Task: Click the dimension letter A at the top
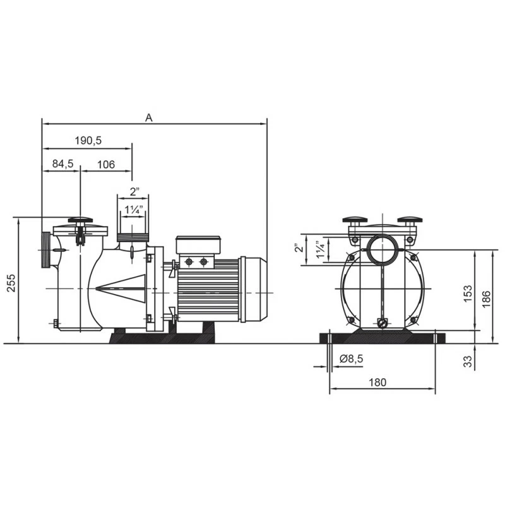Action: (148, 118)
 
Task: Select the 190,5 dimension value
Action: (88, 140)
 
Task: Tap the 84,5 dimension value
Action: (62, 163)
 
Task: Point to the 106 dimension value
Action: (106, 164)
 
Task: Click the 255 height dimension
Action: (11, 283)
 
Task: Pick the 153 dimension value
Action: (468, 294)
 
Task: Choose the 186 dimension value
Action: (486, 298)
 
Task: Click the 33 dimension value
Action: (468, 361)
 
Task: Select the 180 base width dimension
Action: (377, 383)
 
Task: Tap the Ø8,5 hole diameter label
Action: (351, 358)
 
